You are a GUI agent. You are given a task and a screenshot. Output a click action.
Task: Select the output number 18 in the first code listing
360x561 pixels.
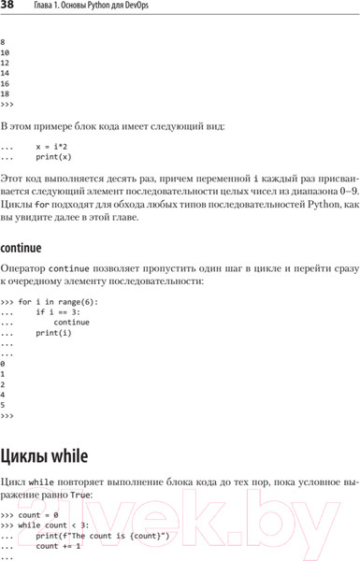tap(6, 93)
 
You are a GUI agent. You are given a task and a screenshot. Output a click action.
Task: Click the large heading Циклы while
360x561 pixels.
tap(45, 456)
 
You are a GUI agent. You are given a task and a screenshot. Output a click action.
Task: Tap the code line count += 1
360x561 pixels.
tap(58, 546)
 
